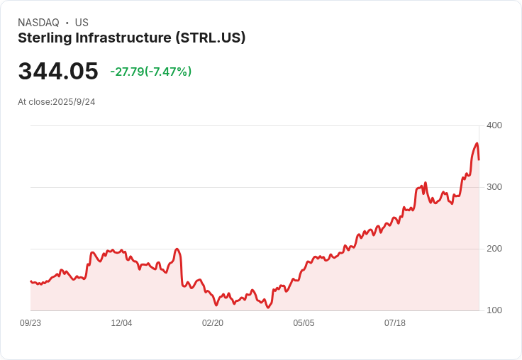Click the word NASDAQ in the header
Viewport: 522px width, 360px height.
pos(38,23)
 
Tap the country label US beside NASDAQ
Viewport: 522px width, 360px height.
pos(82,23)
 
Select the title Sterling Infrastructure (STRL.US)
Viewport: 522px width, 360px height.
pos(131,38)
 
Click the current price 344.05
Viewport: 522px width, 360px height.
pos(58,72)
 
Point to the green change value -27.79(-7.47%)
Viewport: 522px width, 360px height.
pos(150,72)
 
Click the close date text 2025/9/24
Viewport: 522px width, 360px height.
pos(74,102)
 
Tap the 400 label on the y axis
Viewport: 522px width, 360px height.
pos(494,125)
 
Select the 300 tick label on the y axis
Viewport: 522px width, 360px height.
pos(494,187)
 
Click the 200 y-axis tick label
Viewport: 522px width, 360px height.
pos(494,249)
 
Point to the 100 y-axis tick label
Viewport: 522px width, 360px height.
pos(494,310)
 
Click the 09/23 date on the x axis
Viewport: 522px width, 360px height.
pos(30,323)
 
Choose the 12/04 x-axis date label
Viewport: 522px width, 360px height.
pos(121,323)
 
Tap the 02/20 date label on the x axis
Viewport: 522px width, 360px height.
pos(213,323)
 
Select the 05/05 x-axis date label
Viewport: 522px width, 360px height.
pos(304,323)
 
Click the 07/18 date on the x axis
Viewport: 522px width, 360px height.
pos(395,323)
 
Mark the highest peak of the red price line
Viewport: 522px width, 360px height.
pos(477,144)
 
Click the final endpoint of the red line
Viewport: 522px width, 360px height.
pos(479,159)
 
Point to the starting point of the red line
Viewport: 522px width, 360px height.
pos(30,281)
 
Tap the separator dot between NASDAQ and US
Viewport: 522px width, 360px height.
pos(67,23)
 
